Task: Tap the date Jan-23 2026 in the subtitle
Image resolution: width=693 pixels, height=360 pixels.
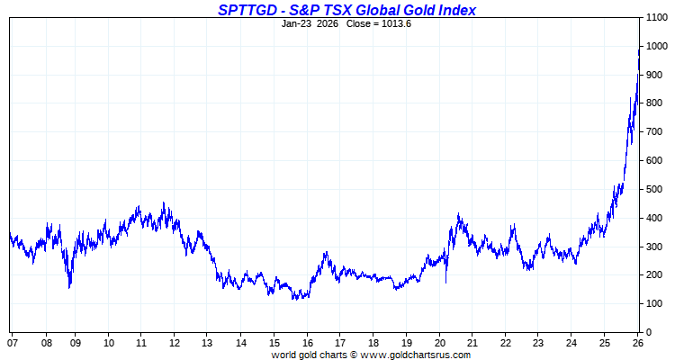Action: tap(310, 23)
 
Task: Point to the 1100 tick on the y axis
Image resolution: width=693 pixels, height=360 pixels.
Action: tap(656, 18)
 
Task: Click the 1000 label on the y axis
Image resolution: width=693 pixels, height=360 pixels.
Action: tap(656, 47)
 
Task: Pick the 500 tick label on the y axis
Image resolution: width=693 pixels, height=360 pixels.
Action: tap(653, 190)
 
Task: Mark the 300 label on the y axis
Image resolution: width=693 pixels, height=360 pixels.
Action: tap(653, 247)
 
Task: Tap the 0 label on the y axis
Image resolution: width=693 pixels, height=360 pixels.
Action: tap(648, 333)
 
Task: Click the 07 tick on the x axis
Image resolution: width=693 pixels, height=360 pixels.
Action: tap(13, 343)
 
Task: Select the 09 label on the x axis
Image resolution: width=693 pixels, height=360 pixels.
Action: tap(76, 343)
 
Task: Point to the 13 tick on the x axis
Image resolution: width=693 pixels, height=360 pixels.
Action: tap(207, 343)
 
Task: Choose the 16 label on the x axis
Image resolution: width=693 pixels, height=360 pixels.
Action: tap(307, 343)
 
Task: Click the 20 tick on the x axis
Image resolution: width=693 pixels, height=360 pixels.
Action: tap(439, 343)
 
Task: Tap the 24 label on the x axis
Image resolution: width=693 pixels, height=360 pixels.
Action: tap(571, 343)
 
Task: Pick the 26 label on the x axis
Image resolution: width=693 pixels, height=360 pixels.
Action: tap(637, 343)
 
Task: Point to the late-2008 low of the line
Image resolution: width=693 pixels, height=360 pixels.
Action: tap(69, 287)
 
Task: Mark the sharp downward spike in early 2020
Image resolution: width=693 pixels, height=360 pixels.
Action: tap(445, 282)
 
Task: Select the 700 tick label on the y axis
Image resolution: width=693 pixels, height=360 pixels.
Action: tap(653, 132)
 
